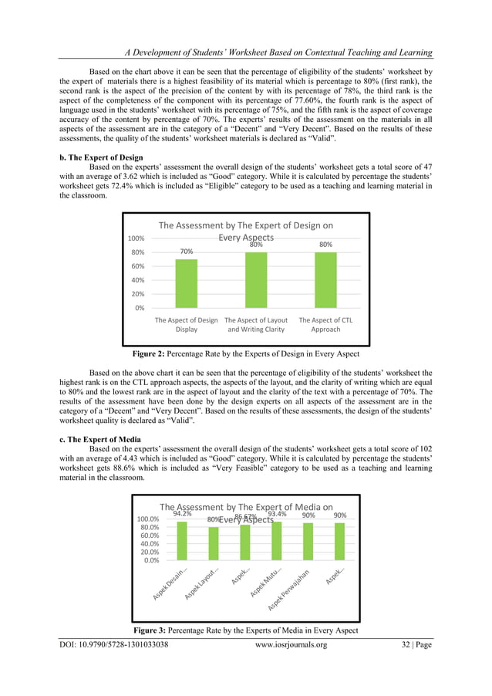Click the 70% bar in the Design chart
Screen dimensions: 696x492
tap(186, 283)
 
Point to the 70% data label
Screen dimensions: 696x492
tap(186, 252)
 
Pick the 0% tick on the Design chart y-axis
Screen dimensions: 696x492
tap(140, 307)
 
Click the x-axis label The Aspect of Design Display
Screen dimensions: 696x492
tap(186, 324)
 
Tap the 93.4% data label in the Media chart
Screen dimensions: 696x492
tap(277, 514)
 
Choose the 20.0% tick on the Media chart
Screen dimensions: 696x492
tap(150, 552)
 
